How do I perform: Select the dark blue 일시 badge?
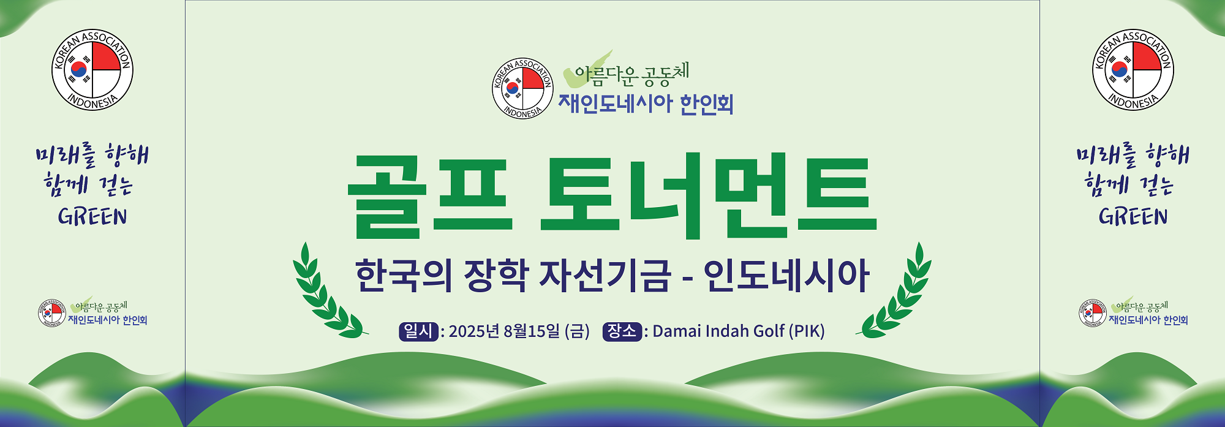coord(418,331)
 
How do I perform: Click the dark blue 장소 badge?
coord(622,331)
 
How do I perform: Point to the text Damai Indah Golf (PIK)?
coord(739,331)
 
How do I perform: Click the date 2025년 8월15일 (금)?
coord(519,331)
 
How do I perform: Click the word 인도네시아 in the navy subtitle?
coord(786,275)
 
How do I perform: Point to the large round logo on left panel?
coord(92,70)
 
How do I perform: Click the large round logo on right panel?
coord(1133,70)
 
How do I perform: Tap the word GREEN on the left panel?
coord(92,217)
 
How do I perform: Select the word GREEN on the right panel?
coord(1133,217)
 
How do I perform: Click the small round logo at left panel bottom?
coord(52,313)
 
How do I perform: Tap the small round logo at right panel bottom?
coord(1093,313)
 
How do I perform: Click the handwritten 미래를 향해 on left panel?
coord(92,156)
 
